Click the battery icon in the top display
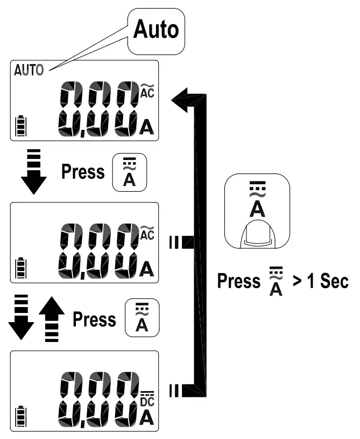(21, 128)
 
